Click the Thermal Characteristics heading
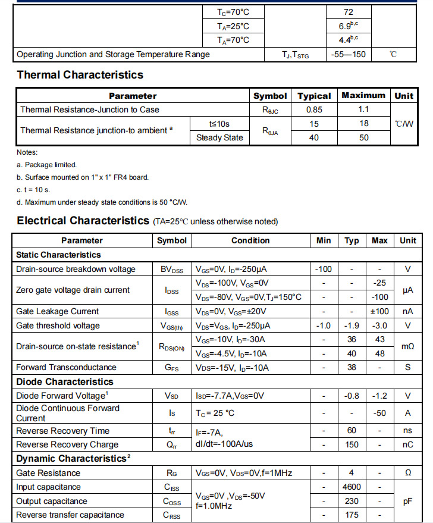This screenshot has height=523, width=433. tap(80, 75)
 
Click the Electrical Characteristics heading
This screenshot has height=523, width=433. tap(83, 221)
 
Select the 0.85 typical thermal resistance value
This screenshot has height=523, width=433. tap(314, 109)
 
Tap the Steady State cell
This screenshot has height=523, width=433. tap(219, 137)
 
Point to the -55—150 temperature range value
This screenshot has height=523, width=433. tap(349, 55)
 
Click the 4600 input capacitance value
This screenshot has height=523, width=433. tap(352, 487)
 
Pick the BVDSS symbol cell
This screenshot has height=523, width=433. tap(172, 269)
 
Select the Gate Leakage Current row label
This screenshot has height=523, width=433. tap(57, 311)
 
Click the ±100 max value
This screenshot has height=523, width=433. tap(379, 311)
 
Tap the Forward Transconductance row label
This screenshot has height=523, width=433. tap(66, 367)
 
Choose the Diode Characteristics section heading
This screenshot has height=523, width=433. tap(64, 381)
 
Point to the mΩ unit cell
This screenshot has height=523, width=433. tap(407, 346)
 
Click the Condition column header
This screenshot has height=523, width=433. tap(250, 240)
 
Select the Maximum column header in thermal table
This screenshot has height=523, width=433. tap(363, 95)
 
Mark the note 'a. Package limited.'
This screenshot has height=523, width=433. tap(46, 165)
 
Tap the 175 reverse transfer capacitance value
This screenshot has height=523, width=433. tap(352, 515)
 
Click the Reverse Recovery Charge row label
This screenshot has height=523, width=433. tap(67, 444)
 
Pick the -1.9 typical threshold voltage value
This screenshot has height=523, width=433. tap(352, 325)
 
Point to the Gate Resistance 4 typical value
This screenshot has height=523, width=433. tap(352, 473)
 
